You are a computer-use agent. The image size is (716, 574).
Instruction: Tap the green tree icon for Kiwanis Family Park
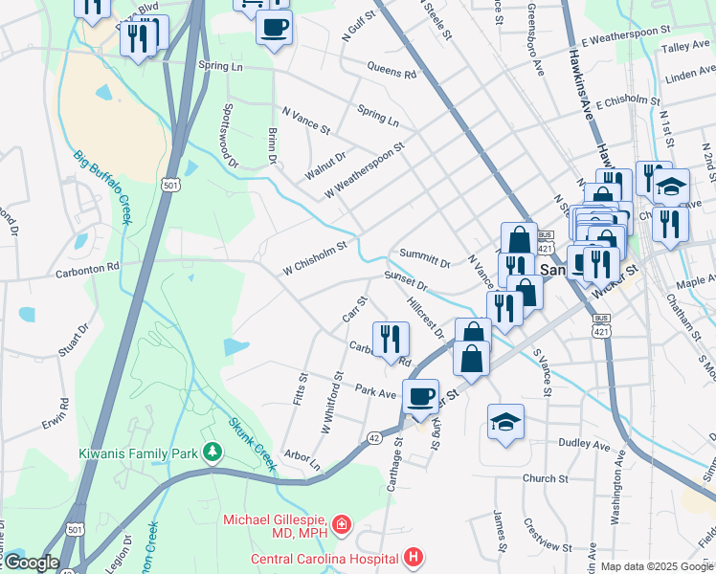click(212, 450)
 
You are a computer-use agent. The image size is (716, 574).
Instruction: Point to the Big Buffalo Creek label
click(101, 186)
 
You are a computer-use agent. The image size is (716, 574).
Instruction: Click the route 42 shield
click(373, 437)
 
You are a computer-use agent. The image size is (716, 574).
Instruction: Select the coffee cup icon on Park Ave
click(419, 395)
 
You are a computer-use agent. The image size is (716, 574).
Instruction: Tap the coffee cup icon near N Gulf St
click(274, 28)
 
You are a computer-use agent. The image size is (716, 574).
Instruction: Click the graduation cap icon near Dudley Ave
click(505, 421)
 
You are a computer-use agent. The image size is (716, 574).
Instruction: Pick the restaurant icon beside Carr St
click(391, 338)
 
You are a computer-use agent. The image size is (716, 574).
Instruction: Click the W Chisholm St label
click(314, 259)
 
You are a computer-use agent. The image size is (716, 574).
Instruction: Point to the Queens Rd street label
click(392, 70)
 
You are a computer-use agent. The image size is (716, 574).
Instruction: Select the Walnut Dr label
click(324, 165)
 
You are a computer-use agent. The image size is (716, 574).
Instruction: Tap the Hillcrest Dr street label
click(425, 317)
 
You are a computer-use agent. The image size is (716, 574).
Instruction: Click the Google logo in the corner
click(31, 562)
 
